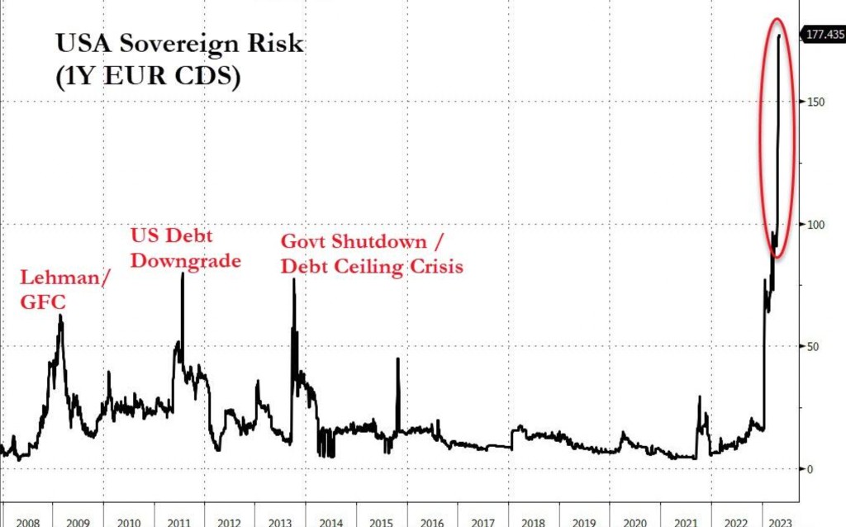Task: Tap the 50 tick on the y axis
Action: pos(813,347)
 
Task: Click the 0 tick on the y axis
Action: pos(810,469)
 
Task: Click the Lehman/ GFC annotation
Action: pos(65,290)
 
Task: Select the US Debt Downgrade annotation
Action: pos(185,248)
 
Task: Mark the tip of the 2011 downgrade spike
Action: pos(183,273)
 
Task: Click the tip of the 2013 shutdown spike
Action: pos(293,279)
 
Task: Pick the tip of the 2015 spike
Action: pos(397,358)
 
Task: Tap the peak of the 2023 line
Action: pos(780,35)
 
